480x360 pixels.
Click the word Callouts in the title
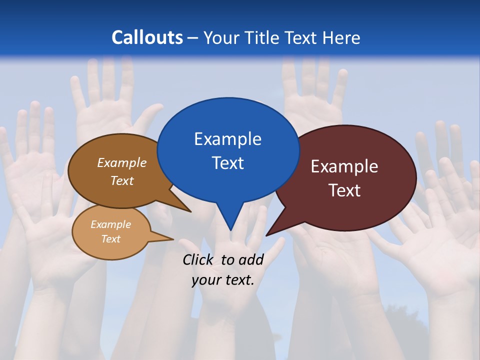pos(147,37)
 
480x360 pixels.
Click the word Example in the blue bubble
pos(227,139)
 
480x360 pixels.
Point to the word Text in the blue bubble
pos(227,163)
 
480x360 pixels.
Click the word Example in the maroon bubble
pos(344,166)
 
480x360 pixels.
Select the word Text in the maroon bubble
pos(344,190)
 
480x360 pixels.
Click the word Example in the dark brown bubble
pos(122,163)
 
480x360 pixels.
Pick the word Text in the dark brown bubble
pos(122,181)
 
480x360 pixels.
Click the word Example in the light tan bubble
pos(110,225)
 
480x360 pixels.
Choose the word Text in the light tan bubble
pos(110,239)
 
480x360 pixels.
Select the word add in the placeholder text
pos(251,259)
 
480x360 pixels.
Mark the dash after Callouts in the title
pos(193,38)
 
